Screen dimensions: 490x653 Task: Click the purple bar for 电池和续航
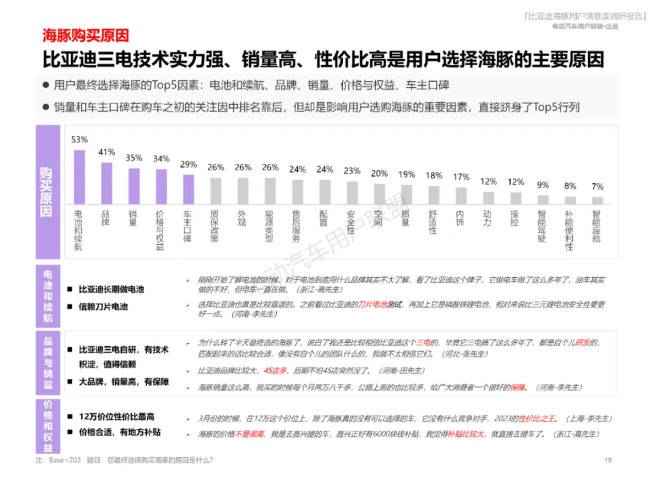click(80, 176)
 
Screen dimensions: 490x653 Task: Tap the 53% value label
click(80, 140)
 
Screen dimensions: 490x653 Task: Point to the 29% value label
click(188, 165)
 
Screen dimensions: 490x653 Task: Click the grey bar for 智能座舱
click(597, 200)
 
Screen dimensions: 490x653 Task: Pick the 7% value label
click(597, 186)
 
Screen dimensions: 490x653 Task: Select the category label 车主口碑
click(188, 225)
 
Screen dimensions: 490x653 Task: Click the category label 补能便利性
click(570, 229)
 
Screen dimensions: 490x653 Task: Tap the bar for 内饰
click(461, 195)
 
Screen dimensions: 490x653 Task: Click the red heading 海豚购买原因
click(86, 35)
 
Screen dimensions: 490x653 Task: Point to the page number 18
click(608, 461)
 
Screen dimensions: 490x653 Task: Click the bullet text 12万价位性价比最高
click(116, 416)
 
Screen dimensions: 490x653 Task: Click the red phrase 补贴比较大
click(465, 434)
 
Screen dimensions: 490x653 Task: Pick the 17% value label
click(461, 178)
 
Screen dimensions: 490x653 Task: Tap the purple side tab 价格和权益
click(48, 425)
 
